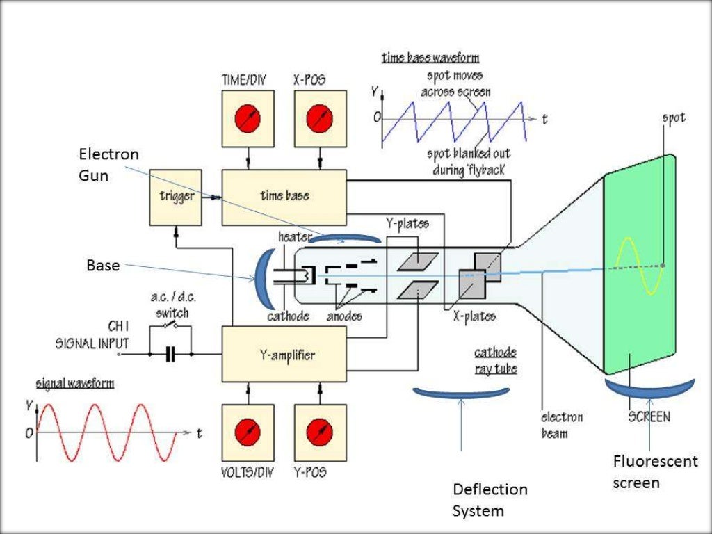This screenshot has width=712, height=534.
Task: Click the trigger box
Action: coord(176,197)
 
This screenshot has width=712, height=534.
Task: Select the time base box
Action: coord(284,197)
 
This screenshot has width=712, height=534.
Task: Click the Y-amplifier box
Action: coord(284,355)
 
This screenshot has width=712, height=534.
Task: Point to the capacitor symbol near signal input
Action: coord(170,355)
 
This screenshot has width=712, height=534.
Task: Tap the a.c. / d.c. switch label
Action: coord(172,305)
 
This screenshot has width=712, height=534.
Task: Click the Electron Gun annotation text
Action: coord(98,165)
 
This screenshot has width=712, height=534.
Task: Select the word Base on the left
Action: coord(103,265)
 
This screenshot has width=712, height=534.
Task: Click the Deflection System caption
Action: coord(489,500)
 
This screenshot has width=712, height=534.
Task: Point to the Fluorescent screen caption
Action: coord(655,471)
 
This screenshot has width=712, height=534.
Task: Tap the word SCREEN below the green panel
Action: coord(649,416)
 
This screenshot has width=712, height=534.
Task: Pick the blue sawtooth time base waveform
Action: coord(452,118)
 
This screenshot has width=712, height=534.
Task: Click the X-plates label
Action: coord(474,316)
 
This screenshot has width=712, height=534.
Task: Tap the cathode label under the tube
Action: coord(288,316)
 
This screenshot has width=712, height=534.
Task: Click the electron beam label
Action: coord(562,425)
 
